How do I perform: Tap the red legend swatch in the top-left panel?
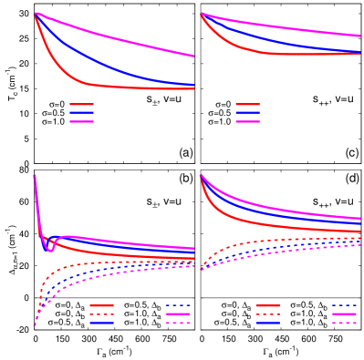(81, 105)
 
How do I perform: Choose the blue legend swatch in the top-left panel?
(81, 113)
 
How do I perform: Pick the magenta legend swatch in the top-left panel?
(81, 121)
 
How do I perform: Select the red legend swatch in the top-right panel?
(247, 105)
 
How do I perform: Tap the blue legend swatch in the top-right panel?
(247, 113)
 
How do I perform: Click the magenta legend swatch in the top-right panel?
(247, 121)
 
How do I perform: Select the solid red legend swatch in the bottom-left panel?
(101, 305)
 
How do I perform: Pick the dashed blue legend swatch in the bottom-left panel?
(178, 305)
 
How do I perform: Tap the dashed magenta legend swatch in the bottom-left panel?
(178, 323)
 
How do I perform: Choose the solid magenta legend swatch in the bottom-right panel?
(344, 314)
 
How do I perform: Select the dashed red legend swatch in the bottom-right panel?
(267, 314)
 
